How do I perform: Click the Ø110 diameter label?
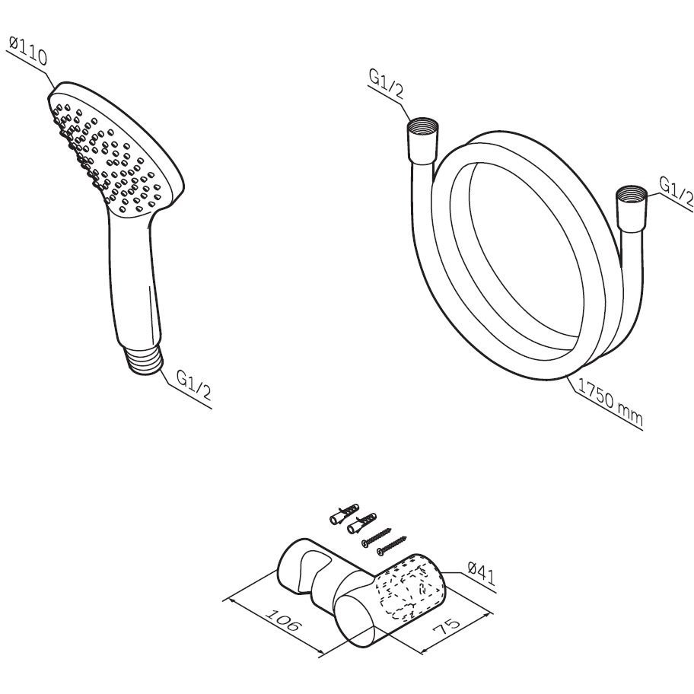(27, 51)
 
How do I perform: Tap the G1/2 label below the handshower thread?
(194, 384)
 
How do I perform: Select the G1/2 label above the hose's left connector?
(387, 84)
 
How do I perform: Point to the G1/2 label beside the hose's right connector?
(676, 192)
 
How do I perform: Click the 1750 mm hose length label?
(610, 403)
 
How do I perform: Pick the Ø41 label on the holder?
(481, 574)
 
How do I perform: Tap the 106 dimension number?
(283, 620)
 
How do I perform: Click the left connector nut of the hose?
(422, 142)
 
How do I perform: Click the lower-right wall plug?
(362, 523)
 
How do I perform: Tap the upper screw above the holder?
(376, 537)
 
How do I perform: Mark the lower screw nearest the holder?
(391, 546)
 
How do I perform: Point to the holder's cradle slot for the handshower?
(313, 570)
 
